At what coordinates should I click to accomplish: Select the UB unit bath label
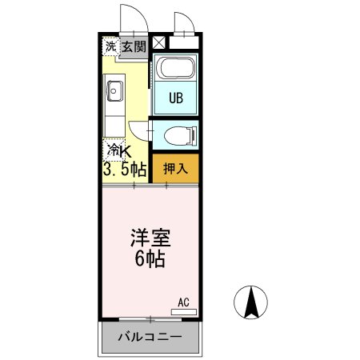tap(176, 99)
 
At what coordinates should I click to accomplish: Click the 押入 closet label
tap(175, 168)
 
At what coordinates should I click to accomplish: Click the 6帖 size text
tap(150, 261)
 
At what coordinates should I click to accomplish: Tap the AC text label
tap(183, 302)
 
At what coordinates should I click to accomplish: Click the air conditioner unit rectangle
tap(183, 310)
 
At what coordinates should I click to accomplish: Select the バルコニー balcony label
tap(148, 337)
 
